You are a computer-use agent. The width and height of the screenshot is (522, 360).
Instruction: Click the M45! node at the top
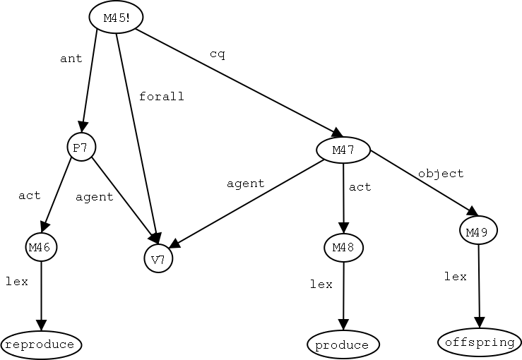click(116, 18)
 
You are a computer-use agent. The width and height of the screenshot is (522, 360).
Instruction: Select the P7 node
click(81, 147)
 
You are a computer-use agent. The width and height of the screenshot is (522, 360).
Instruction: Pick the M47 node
click(343, 149)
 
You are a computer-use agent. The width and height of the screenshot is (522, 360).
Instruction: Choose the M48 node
click(343, 247)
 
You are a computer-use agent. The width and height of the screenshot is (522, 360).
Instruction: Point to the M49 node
click(478, 230)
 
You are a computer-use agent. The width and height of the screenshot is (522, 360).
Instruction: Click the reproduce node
click(41, 344)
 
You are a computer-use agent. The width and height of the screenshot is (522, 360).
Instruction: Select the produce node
click(343, 344)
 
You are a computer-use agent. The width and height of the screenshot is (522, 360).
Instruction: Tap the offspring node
click(480, 342)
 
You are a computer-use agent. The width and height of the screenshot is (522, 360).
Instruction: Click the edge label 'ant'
click(71, 59)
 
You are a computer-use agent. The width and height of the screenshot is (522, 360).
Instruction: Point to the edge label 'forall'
click(161, 96)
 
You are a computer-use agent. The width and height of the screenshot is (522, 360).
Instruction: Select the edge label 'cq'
click(218, 54)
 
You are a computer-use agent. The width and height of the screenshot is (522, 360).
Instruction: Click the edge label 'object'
click(441, 173)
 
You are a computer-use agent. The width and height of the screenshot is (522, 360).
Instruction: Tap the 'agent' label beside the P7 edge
click(95, 197)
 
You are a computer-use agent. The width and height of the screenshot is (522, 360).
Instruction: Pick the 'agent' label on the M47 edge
click(245, 184)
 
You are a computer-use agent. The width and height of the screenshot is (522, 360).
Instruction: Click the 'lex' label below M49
click(456, 277)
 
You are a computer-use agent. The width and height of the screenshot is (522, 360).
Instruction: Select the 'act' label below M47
click(360, 187)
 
